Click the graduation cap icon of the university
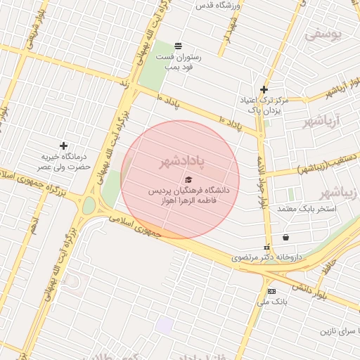188,180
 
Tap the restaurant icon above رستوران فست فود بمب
178,46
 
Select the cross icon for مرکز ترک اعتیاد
264,89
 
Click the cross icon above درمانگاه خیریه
63,146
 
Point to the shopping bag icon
285,237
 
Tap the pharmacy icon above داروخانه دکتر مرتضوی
267,247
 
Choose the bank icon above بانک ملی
271,291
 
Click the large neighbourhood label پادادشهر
181,162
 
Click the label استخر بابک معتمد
307,210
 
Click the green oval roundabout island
89,205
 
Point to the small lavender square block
165,326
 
